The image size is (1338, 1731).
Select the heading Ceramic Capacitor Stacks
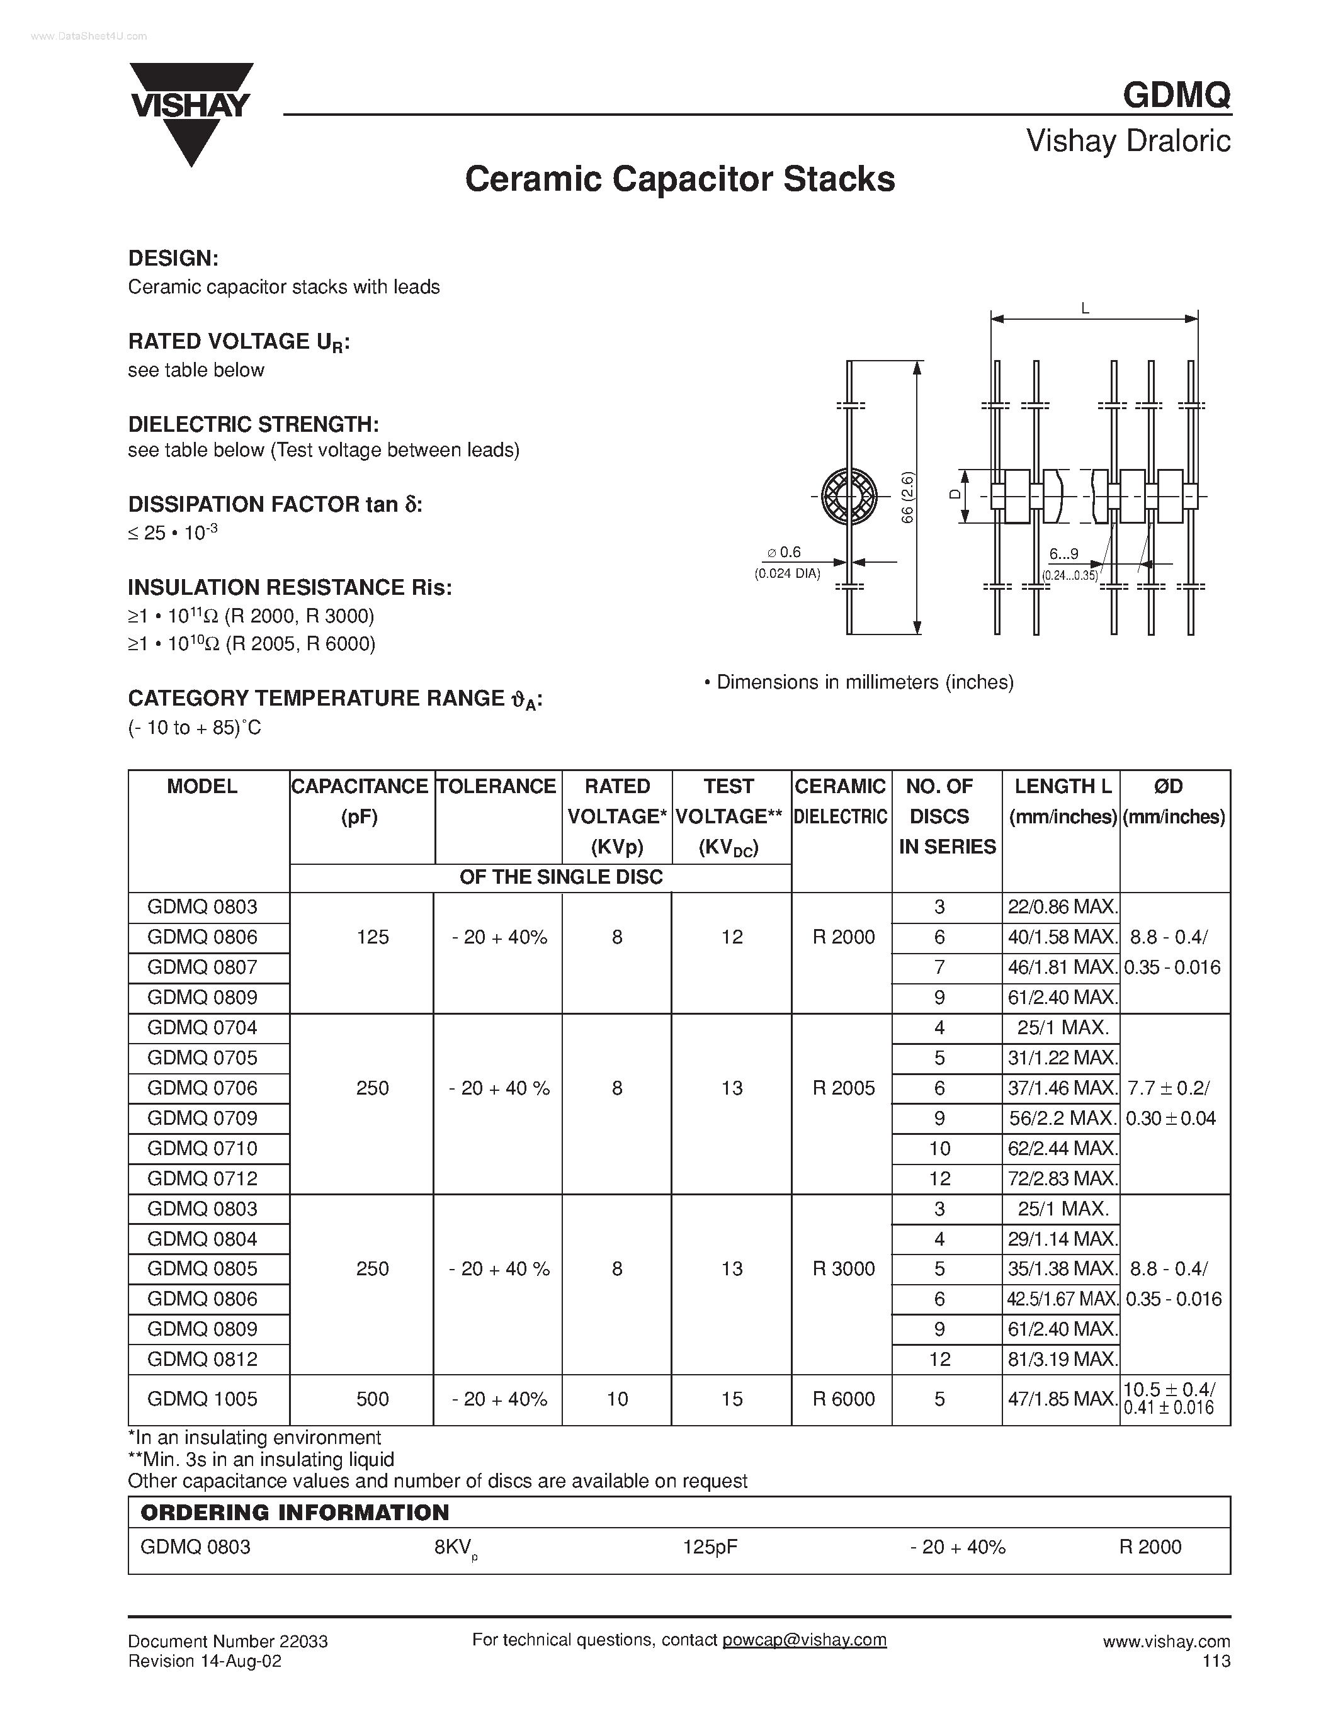pos(679,179)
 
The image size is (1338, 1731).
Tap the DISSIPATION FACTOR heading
pos(275,504)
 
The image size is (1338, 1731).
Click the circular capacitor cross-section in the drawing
pos(848,497)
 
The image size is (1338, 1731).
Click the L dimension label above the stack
pos(1085,309)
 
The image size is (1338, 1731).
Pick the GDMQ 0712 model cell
pos(203,1178)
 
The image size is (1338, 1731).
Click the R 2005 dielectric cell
pos(843,1088)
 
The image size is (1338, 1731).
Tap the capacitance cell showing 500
pos(373,1399)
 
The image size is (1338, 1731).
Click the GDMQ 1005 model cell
pos(203,1399)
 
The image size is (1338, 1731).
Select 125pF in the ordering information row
pos(710,1547)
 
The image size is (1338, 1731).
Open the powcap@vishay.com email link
pos(804,1640)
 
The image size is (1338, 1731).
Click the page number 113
pos(1216,1661)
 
